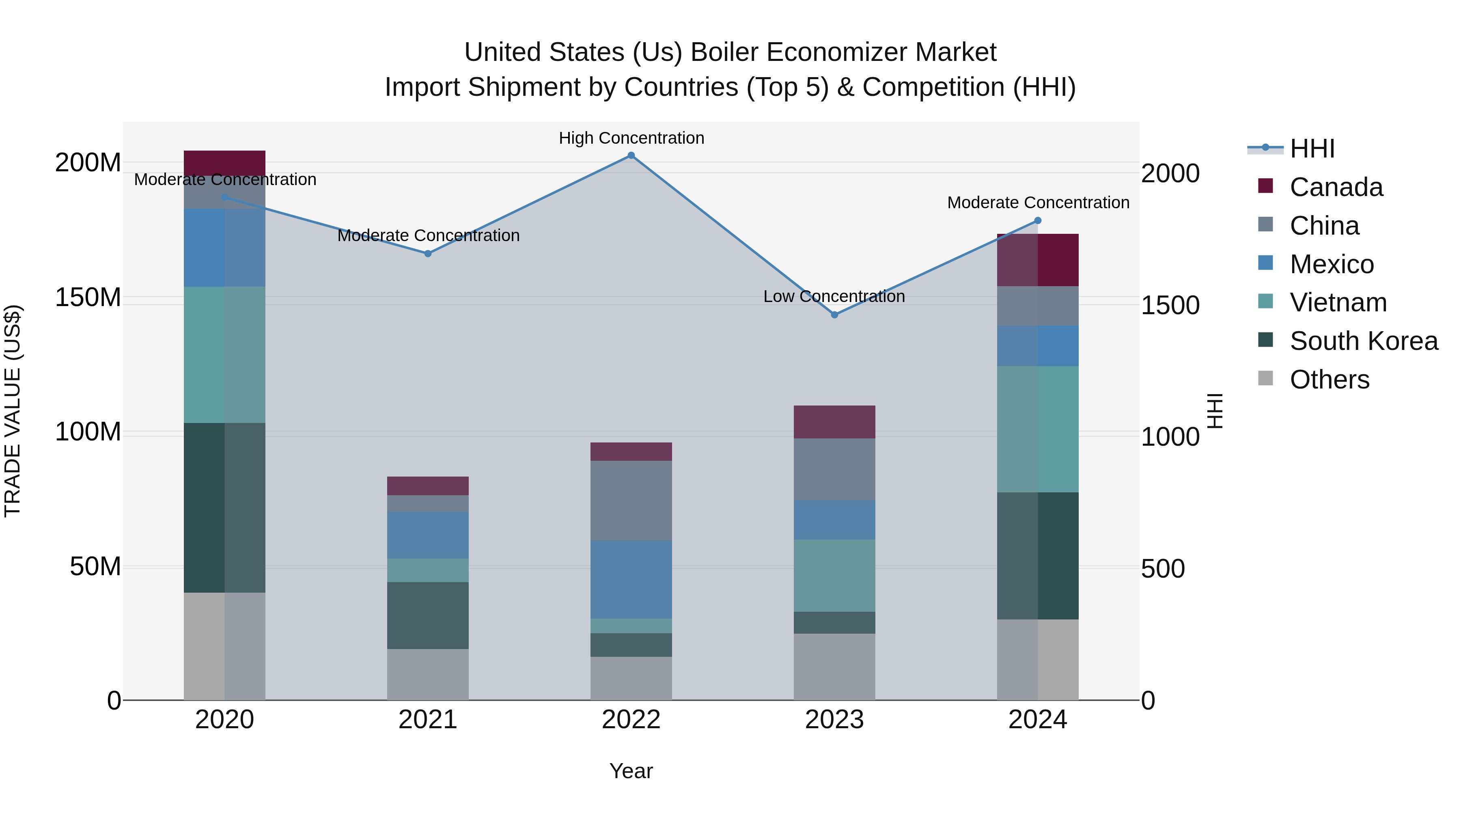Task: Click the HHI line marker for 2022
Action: (x=631, y=155)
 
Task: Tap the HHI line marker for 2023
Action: (x=834, y=315)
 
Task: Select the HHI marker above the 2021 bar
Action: (x=428, y=254)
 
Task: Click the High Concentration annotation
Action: (x=631, y=138)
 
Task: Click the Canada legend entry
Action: (x=1336, y=187)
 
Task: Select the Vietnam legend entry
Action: (x=1338, y=302)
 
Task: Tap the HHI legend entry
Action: (x=1312, y=149)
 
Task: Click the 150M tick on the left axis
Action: (x=88, y=297)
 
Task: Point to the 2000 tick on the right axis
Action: (x=1170, y=174)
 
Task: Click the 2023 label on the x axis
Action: (x=834, y=720)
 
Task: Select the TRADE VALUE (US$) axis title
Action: (x=13, y=411)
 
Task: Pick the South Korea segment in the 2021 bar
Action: (x=428, y=615)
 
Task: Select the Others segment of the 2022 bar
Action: (x=631, y=678)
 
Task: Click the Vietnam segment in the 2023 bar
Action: (x=834, y=575)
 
